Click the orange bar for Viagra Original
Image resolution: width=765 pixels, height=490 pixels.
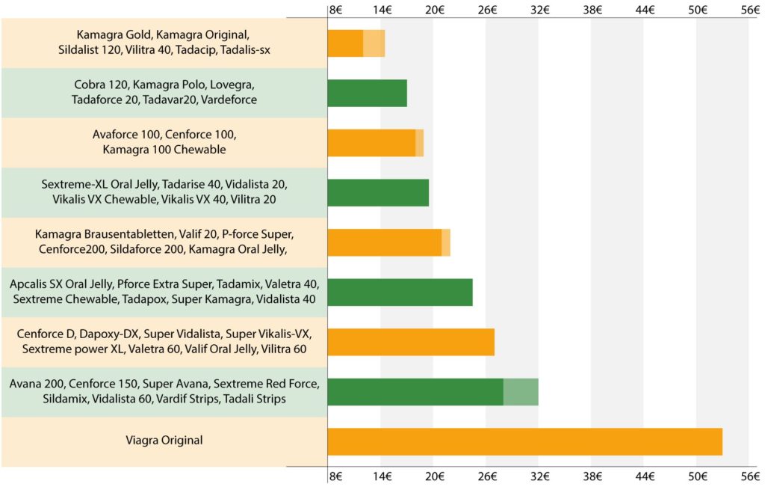coord(524,441)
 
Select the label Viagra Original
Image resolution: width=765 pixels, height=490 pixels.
coord(164,441)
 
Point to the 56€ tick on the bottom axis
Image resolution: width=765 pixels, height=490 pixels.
coord(750,477)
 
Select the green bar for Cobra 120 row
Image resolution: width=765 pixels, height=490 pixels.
coord(367,93)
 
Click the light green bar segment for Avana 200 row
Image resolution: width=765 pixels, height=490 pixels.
coord(521,392)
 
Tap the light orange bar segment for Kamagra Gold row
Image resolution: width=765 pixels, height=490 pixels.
coord(374,43)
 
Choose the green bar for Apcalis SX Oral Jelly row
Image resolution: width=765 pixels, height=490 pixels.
coord(400,292)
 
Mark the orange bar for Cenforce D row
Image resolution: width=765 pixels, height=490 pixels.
coord(411,342)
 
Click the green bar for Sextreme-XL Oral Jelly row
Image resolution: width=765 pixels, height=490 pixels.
coord(378,192)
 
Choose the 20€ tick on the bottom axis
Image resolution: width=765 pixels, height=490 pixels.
coord(435,477)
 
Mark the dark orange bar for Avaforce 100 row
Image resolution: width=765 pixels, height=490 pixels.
coord(371,143)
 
